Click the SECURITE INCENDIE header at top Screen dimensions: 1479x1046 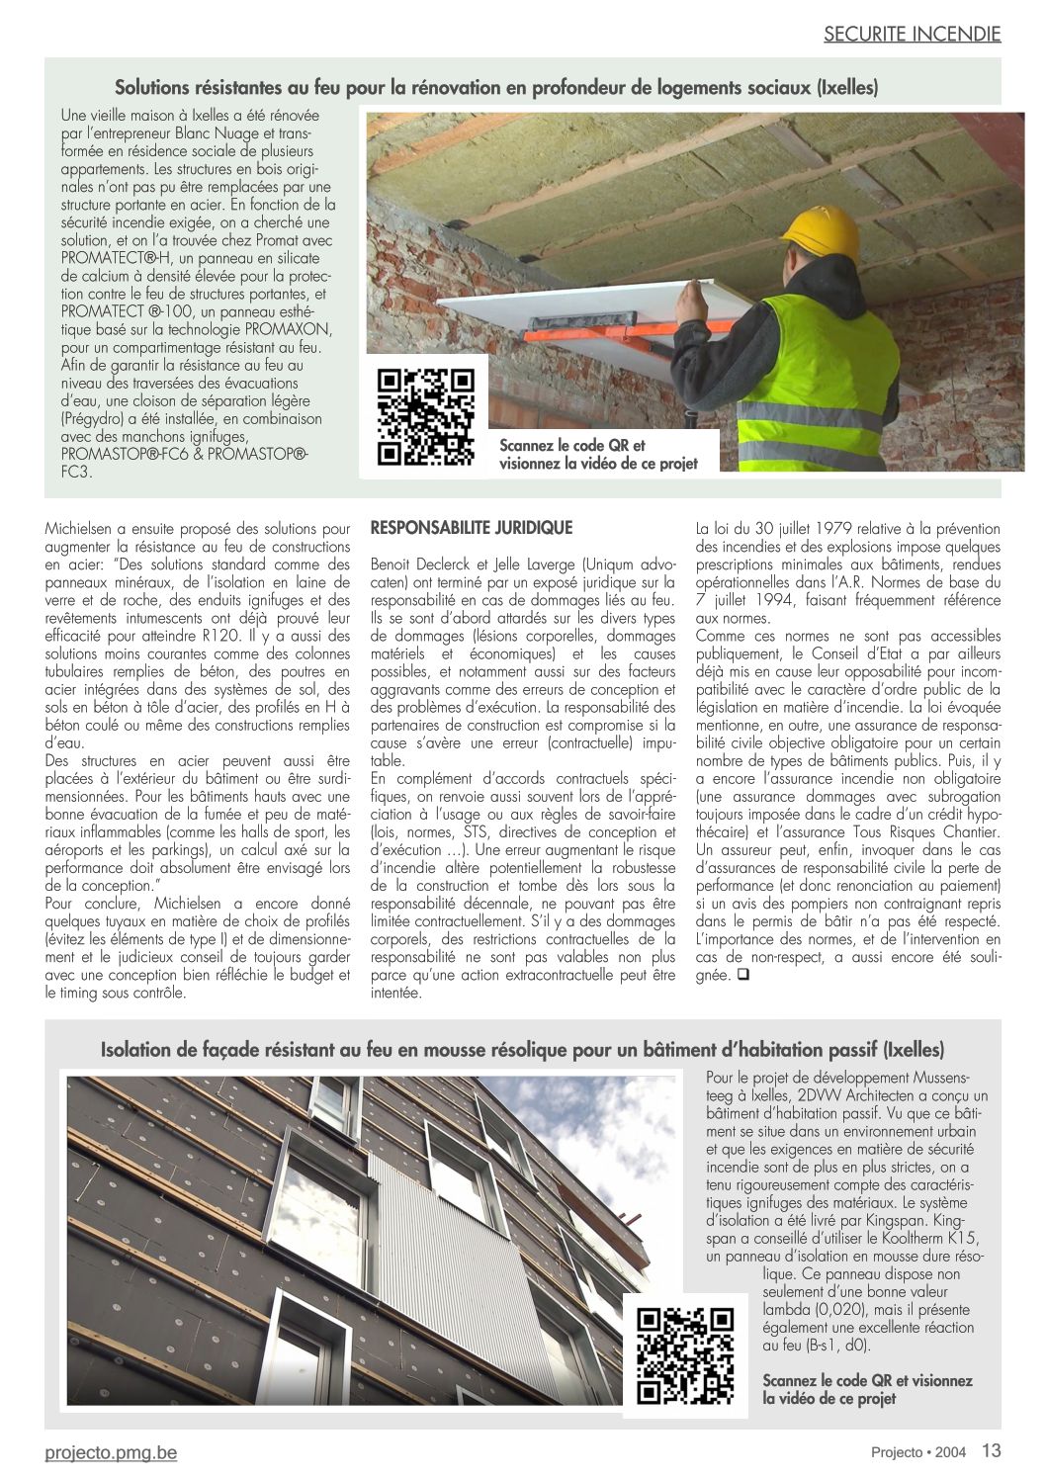coord(912,34)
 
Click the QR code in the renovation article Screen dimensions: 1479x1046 coord(426,416)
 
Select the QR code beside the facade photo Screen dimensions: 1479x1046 coord(685,1356)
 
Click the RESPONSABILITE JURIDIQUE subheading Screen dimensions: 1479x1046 coord(472,528)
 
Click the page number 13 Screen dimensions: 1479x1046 coord(991,1450)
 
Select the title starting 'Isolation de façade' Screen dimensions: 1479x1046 coord(522,1049)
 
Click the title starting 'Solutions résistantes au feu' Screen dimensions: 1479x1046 coord(496,88)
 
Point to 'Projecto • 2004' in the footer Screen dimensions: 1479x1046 coord(917,1452)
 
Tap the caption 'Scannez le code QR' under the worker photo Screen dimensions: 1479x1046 coord(597,454)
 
